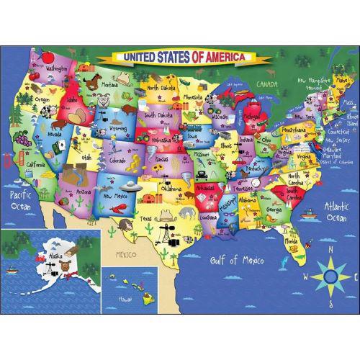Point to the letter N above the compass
[x=329, y=251]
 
